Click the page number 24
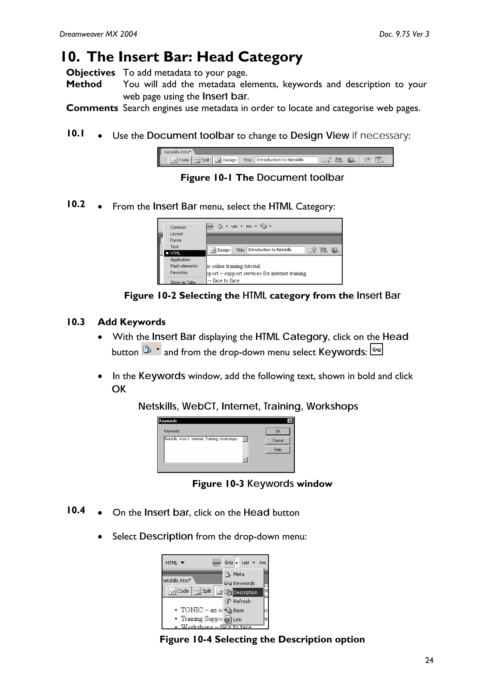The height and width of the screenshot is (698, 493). click(429, 660)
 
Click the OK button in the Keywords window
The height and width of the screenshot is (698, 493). click(278, 431)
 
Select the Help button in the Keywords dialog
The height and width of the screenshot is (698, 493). click(278, 449)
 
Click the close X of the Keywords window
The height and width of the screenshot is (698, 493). click(290, 421)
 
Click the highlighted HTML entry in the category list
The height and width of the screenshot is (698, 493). click(175, 253)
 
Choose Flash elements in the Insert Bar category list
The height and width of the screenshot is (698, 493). click(183, 266)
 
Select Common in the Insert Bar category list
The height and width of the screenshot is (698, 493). click(178, 227)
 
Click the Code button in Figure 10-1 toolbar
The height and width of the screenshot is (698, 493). click(181, 160)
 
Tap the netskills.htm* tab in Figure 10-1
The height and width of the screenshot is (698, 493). click(177, 152)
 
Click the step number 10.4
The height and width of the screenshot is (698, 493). click(76, 510)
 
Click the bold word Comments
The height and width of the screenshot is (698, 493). click(92, 108)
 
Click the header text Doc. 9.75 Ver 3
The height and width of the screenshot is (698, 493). click(404, 34)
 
